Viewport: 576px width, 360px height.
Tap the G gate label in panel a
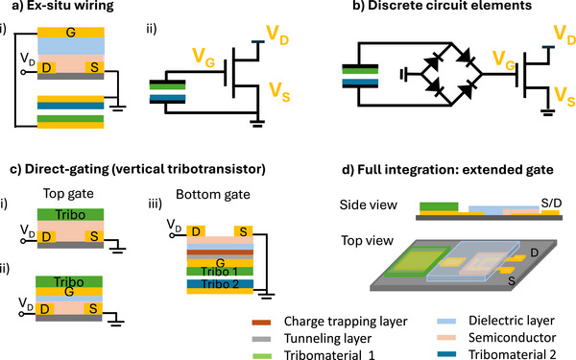(x=70, y=33)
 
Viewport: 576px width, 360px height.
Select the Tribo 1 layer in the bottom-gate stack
(x=220, y=271)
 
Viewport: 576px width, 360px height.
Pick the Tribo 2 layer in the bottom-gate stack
(x=220, y=284)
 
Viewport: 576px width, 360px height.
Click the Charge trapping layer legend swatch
(x=261, y=323)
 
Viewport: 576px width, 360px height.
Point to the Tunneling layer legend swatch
(x=261, y=339)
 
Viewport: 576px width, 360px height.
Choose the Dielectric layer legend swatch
(x=446, y=322)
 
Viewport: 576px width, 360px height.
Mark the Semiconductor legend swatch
(x=446, y=338)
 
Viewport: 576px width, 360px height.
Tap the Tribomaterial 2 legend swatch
(x=446, y=354)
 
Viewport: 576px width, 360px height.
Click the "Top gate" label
(x=68, y=194)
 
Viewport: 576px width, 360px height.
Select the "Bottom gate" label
(x=213, y=194)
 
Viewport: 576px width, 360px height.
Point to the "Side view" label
(x=368, y=204)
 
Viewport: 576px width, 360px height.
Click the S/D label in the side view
(x=551, y=204)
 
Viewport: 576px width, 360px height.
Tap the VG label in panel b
(x=504, y=60)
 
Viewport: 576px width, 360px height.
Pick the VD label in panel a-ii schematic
(x=277, y=36)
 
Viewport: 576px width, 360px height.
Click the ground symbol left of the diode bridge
(x=403, y=75)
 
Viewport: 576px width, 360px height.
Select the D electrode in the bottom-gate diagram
(x=196, y=231)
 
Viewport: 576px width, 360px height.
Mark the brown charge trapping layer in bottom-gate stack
(x=220, y=252)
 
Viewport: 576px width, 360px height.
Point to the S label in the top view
(x=512, y=281)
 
